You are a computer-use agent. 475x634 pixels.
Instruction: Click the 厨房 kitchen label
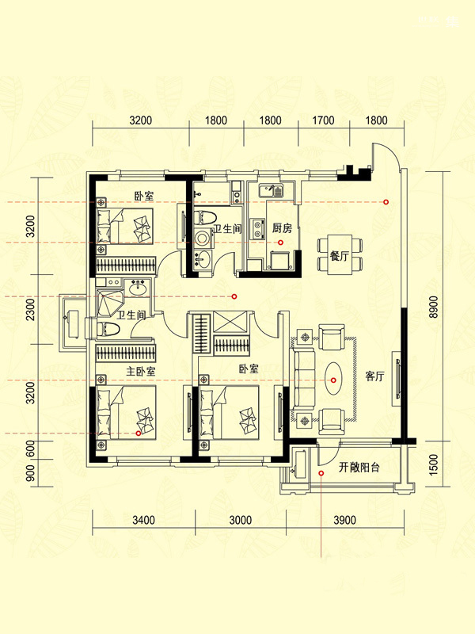(x=282, y=228)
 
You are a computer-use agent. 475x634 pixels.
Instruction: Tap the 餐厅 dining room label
(x=340, y=256)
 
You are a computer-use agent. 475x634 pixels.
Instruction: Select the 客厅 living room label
(x=374, y=376)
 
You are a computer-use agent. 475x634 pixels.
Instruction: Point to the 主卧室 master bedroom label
(x=141, y=371)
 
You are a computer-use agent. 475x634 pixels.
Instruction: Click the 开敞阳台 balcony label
(x=359, y=468)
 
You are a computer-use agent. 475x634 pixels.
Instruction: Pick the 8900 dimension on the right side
(x=433, y=307)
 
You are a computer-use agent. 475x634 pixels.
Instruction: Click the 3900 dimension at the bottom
(x=344, y=520)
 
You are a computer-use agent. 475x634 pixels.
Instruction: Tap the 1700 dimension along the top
(x=324, y=120)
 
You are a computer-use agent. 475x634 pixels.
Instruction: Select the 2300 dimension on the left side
(x=30, y=309)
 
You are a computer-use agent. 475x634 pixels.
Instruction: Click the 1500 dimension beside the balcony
(x=433, y=464)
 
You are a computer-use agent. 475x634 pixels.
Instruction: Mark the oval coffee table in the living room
(x=333, y=379)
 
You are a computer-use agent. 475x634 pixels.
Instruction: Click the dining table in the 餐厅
(x=340, y=254)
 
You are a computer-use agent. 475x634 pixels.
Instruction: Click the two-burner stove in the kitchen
(x=256, y=228)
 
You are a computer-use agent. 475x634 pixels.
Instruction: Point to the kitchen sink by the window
(x=271, y=190)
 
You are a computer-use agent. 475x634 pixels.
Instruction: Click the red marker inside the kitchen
(x=280, y=243)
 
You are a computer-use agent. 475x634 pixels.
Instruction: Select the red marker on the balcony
(x=321, y=473)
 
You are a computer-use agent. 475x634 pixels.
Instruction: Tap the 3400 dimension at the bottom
(x=144, y=520)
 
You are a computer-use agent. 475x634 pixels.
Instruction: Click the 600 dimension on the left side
(x=30, y=449)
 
